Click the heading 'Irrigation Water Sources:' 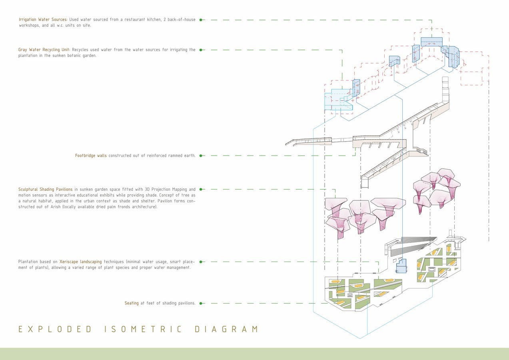click(x=43, y=20)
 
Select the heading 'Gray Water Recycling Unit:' click(x=44, y=50)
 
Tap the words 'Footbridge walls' click(x=91, y=156)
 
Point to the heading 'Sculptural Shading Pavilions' click(x=46, y=189)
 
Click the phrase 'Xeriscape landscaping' click(x=81, y=262)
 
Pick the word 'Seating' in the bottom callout click(x=132, y=303)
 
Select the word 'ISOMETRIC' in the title click(x=143, y=329)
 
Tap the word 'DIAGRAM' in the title click(x=227, y=329)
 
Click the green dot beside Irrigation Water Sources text click(x=201, y=20)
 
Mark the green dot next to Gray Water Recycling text click(x=201, y=50)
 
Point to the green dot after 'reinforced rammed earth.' click(x=201, y=156)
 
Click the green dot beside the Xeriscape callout click(x=201, y=262)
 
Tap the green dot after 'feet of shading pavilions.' click(x=201, y=303)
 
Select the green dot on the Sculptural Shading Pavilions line click(x=201, y=189)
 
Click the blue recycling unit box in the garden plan click(x=401, y=266)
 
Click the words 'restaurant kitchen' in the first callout click(x=143, y=20)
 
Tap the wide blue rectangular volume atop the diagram click(x=431, y=42)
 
